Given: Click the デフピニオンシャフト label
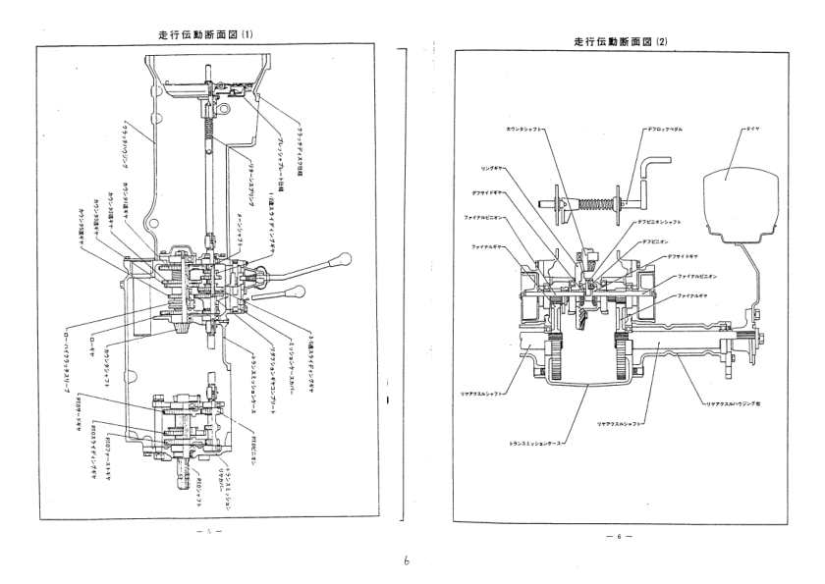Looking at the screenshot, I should point(668,223).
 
